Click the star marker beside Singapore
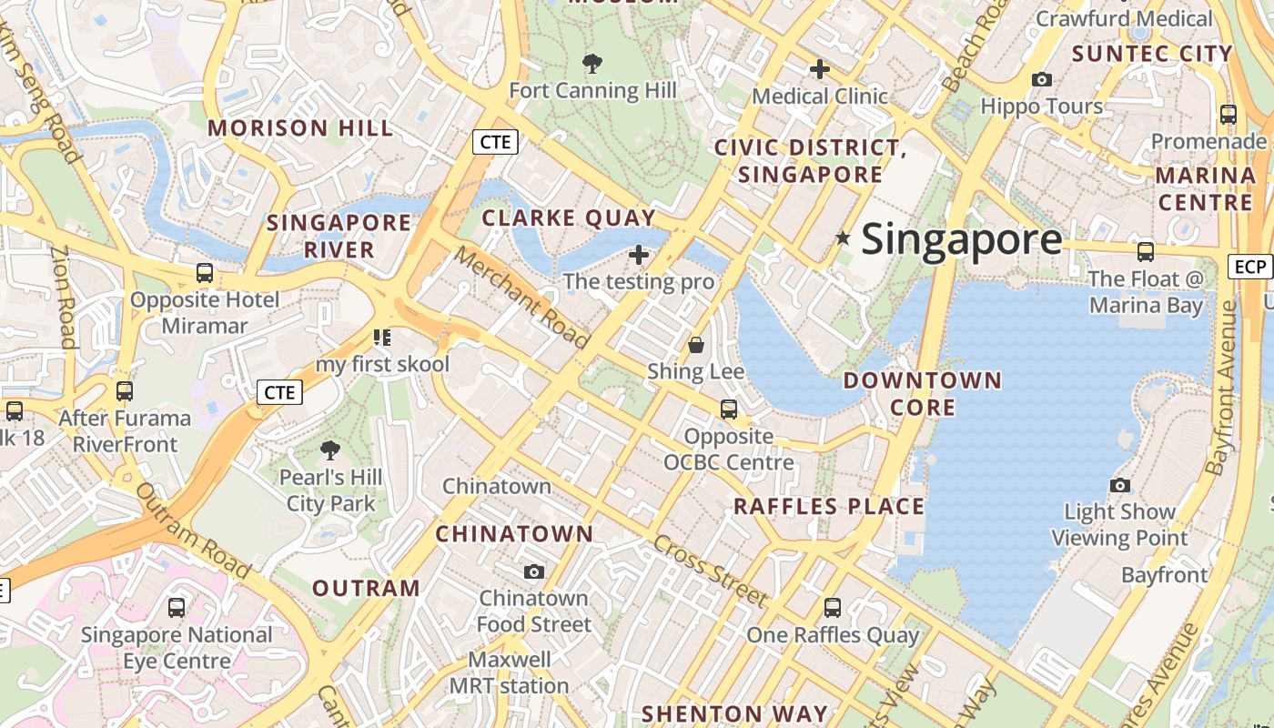click(x=844, y=238)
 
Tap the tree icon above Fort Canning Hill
click(x=592, y=64)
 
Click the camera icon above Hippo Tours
click(x=1042, y=80)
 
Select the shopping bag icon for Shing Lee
click(x=696, y=345)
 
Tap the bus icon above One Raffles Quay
click(x=832, y=608)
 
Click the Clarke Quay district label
click(x=569, y=218)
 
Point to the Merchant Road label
click(x=521, y=297)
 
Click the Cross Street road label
click(x=710, y=571)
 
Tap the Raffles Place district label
click(x=828, y=507)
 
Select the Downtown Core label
click(x=923, y=393)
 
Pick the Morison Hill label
click(x=300, y=128)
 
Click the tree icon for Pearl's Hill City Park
click(x=329, y=450)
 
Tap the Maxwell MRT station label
click(x=510, y=672)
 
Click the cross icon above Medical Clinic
click(x=820, y=69)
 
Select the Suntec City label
click(x=1152, y=54)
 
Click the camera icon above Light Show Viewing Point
click(x=1120, y=485)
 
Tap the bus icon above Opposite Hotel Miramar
click(x=205, y=273)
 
